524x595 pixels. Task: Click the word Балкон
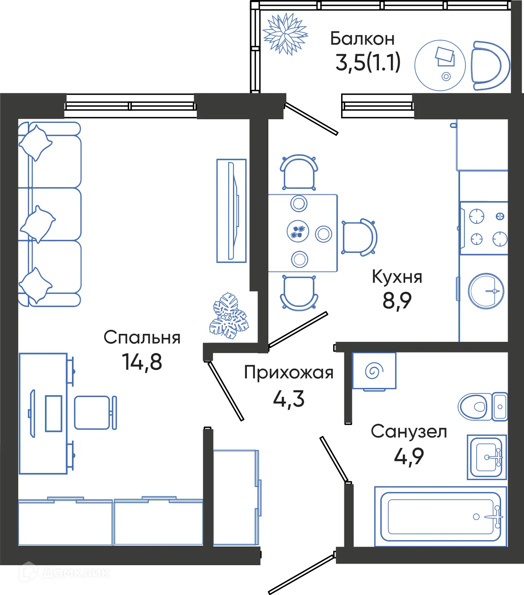tap(362, 39)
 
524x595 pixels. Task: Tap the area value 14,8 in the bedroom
tap(142, 362)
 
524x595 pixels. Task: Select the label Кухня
tap(397, 277)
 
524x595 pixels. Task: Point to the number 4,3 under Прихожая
tap(289, 399)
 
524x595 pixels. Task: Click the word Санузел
tap(409, 431)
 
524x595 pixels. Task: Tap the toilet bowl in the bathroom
tap(475, 406)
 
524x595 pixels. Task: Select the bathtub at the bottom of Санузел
tap(441, 516)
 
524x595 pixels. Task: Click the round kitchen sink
tap(486, 291)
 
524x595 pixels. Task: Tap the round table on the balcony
tap(440, 65)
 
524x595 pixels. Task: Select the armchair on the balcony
tap(490, 66)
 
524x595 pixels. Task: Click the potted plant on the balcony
tap(285, 34)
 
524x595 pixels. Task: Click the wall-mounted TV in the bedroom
tap(232, 211)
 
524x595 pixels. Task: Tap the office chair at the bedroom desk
tap(94, 413)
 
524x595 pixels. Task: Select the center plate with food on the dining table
tap(297, 231)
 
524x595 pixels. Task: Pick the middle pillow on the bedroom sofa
tap(37, 223)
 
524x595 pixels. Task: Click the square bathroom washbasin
tap(487, 457)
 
